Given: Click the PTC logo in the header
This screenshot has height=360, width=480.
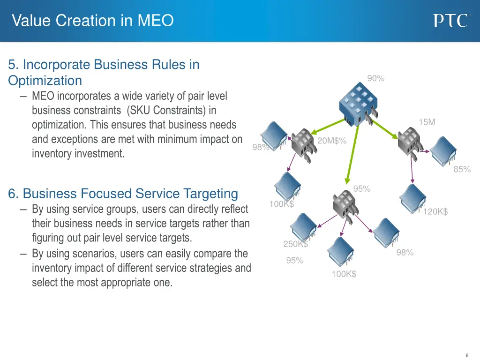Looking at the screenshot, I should coord(450,21).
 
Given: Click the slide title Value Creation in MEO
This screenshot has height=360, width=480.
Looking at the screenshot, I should coord(93,21).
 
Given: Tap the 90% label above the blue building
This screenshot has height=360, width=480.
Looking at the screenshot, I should coord(375,79).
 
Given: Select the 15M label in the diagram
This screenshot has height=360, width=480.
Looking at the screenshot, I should coord(427,122).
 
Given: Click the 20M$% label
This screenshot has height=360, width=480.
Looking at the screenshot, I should coord(332,141).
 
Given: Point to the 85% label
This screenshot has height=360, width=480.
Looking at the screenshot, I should coord(462,170).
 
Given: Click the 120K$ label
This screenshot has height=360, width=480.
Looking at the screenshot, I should coord(435,212).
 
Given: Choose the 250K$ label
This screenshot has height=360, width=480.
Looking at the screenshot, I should coord(295,244).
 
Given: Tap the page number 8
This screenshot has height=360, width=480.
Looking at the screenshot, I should coord(467,355).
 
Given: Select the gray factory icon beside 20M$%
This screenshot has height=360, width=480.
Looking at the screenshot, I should coord(303,142).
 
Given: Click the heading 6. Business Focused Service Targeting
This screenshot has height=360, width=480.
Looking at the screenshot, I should coord(123,194).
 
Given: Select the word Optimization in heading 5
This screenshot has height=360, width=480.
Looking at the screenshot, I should coord(45,81).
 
